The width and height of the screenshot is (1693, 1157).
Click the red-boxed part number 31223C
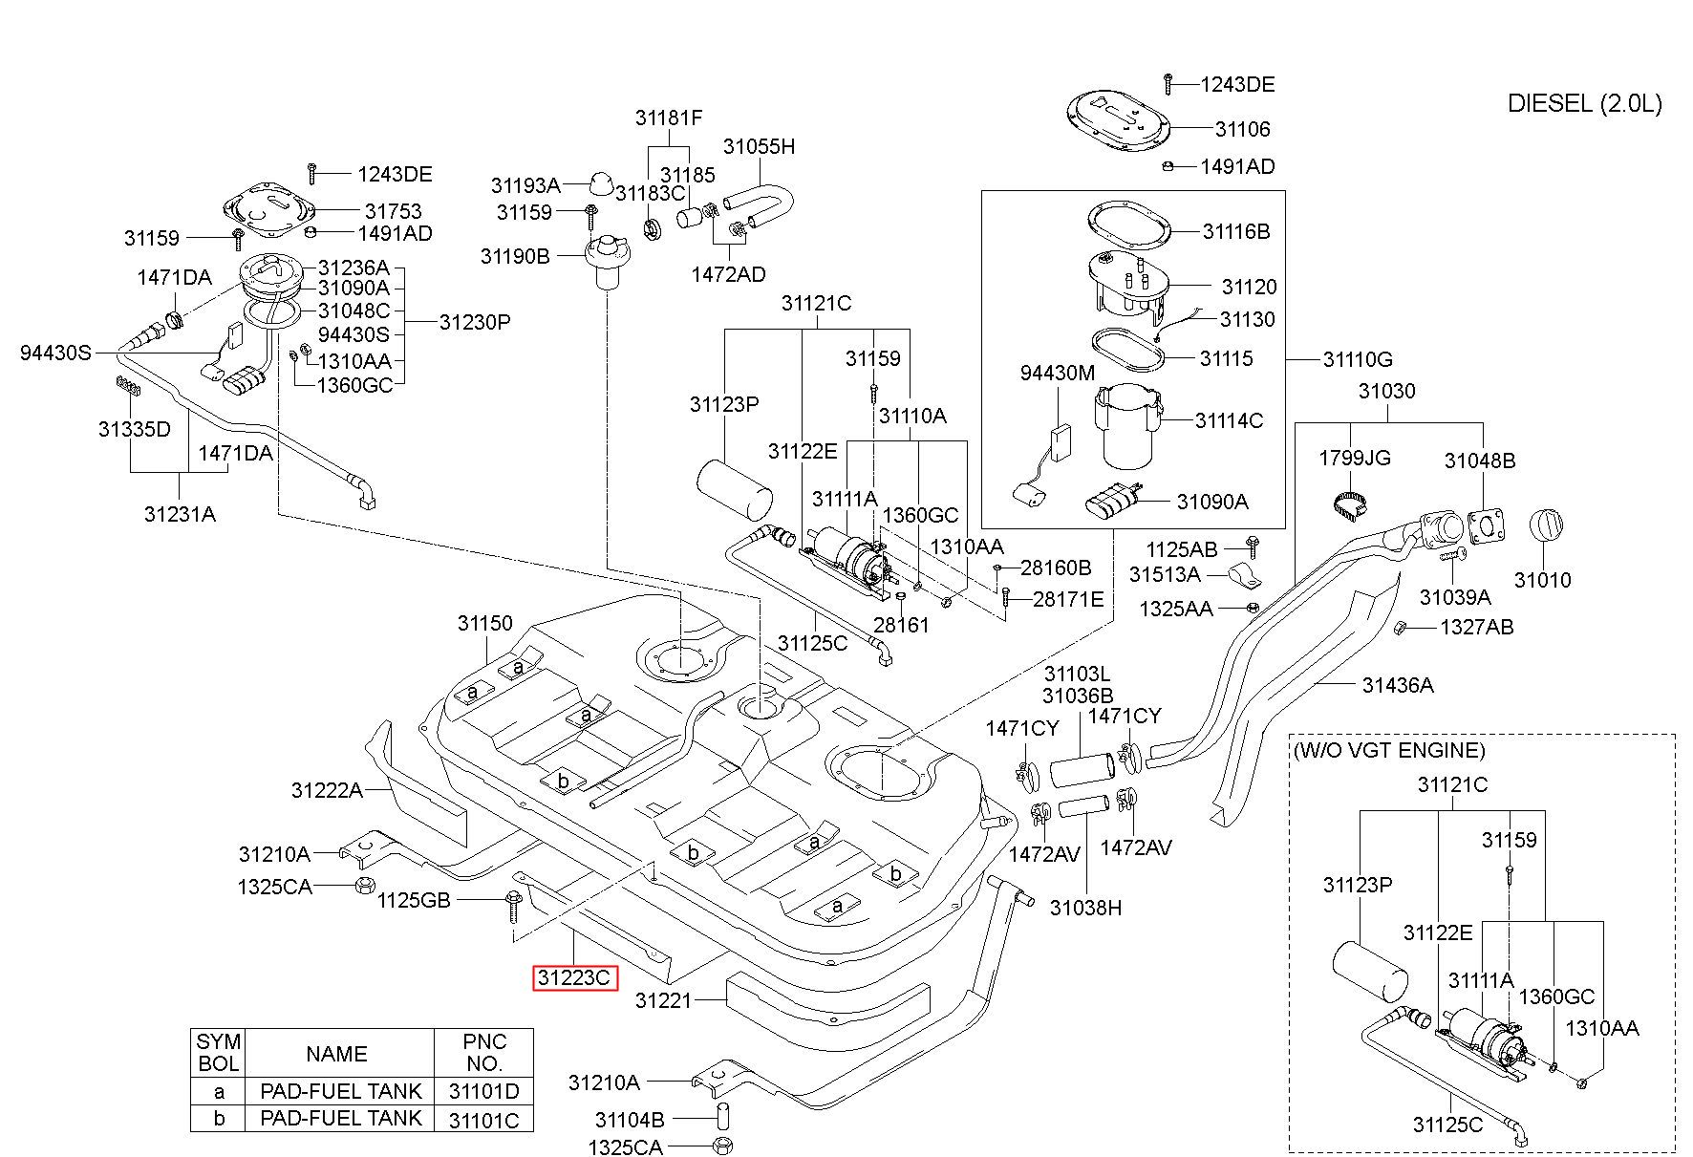(574, 977)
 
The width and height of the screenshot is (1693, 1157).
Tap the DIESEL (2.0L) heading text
(1584, 103)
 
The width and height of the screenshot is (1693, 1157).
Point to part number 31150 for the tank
(485, 624)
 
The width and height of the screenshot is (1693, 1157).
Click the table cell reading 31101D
(484, 1091)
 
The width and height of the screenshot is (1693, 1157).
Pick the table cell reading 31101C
(484, 1120)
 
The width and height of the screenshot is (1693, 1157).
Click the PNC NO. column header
(484, 1052)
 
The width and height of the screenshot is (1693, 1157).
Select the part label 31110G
(1358, 359)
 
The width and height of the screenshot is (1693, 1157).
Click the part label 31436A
(1398, 685)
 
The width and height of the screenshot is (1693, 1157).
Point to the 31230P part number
(475, 322)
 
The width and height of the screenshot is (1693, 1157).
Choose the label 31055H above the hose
(759, 146)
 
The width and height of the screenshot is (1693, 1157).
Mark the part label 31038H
(1085, 908)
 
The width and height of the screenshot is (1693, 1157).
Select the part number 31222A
(327, 790)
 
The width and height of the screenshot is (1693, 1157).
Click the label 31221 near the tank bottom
(662, 1000)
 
